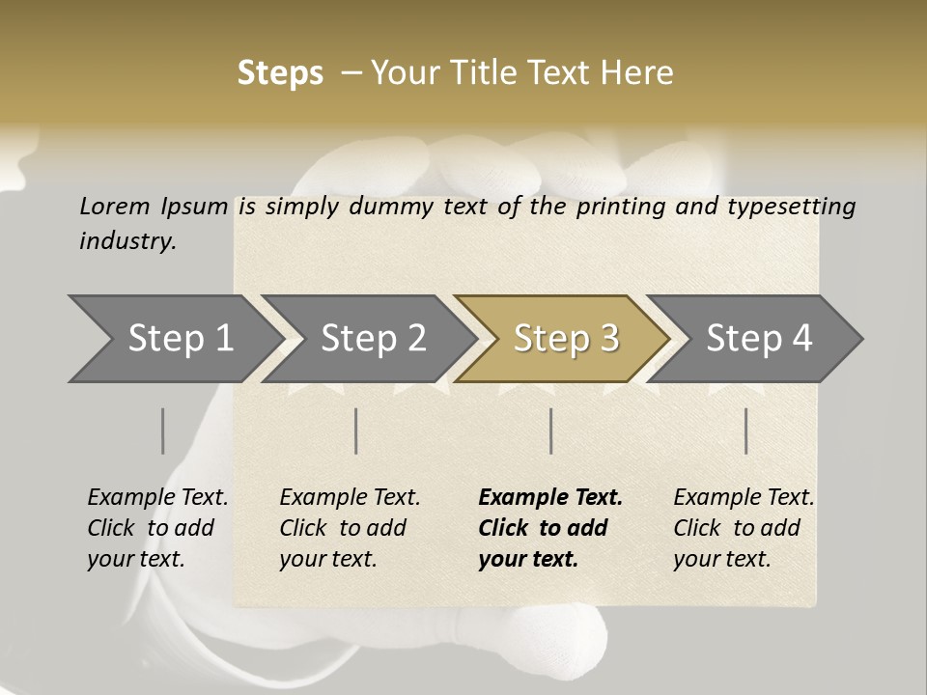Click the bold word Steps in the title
tap(280, 73)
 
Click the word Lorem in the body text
tap(114, 207)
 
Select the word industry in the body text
tap(127, 241)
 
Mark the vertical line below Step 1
tap(163, 431)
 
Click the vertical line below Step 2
tap(356, 431)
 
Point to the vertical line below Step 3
tap(550, 431)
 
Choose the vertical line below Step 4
tap(745, 431)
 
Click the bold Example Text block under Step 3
tap(550, 528)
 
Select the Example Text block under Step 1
tap(157, 528)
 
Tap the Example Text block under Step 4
tap(744, 528)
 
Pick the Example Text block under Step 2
tap(350, 528)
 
